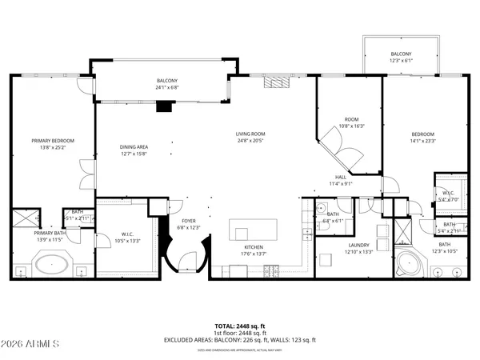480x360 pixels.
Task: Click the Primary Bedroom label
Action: pyautogui.click(x=47, y=144)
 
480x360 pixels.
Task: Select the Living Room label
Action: pyautogui.click(x=250, y=138)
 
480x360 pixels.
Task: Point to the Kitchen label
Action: pyautogui.click(x=254, y=251)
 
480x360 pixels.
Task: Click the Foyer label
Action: pyautogui.click(x=189, y=224)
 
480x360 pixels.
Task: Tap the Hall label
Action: pyautogui.click(x=340, y=180)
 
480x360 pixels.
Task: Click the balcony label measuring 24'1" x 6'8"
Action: pyautogui.click(x=167, y=84)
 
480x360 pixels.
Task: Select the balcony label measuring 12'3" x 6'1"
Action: pyautogui.click(x=401, y=58)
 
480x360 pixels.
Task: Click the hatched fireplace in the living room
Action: pyautogui.click(x=276, y=81)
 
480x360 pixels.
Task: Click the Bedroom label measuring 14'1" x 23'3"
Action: pyautogui.click(x=422, y=138)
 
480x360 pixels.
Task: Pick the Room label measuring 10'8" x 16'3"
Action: pyautogui.click(x=352, y=122)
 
